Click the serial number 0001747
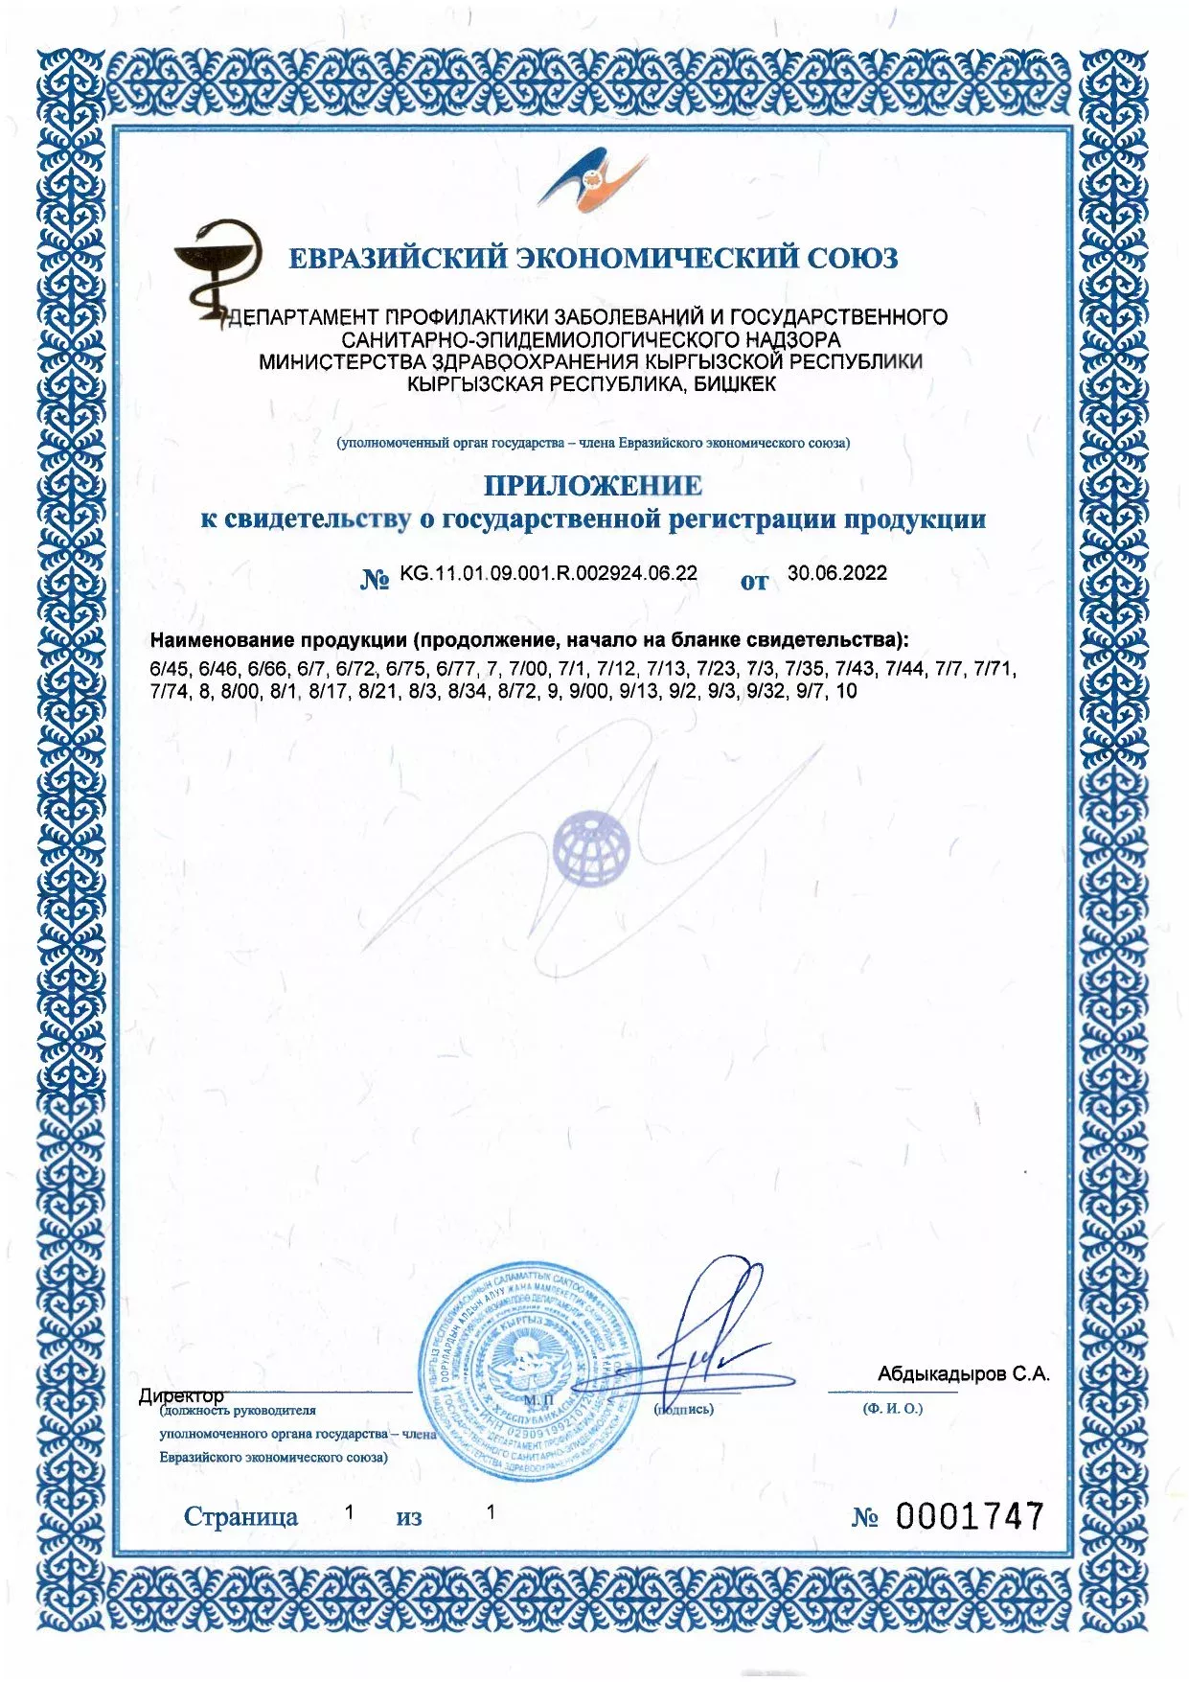coord(970,1517)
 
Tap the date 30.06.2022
coord(836,573)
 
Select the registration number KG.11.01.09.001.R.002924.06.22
coord(548,573)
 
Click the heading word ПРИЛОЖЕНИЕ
coord(592,485)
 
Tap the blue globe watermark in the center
coord(591,847)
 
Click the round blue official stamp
coord(530,1371)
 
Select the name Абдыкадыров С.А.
coord(963,1374)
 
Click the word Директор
coord(181,1395)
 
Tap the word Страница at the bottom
coord(240,1517)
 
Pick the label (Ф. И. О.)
coord(892,1408)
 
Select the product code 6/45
coord(170,668)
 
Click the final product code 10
coord(846,691)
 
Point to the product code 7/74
coord(170,691)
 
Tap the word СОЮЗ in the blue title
coord(852,258)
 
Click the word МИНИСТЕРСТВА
coord(342,362)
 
